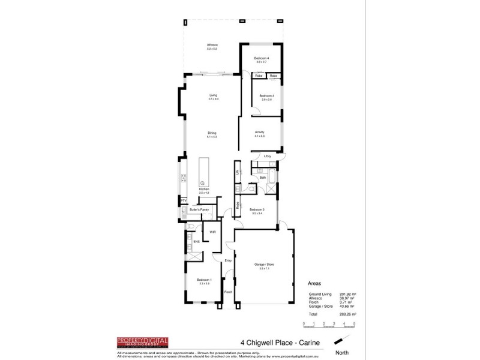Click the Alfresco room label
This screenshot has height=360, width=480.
pyautogui.click(x=212, y=45)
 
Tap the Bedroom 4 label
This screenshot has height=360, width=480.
pyautogui.click(x=262, y=58)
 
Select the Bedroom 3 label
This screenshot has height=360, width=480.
pyautogui.click(x=266, y=96)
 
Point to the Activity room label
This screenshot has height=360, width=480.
pyautogui.click(x=259, y=133)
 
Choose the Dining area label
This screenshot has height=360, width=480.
pyautogui.click(x=211, y=133)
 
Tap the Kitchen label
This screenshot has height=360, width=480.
pyautogui.click(x=203, y=189)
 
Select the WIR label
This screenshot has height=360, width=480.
pyautogui.click(x=212, y=231)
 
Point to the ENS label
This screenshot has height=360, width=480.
pyautogui.click(x=196, y=242)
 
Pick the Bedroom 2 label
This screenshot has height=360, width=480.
pyautogui.click(x=257, y=210)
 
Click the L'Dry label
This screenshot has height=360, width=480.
pyautogui.click(x=267, y=156)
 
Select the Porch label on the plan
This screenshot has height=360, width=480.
pyautogui.click(x=228, y=292)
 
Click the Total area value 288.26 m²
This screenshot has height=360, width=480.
pyautogui.click(x=349, y=314)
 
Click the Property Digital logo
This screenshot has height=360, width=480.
pyautogui.click(x=142, y=343)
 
